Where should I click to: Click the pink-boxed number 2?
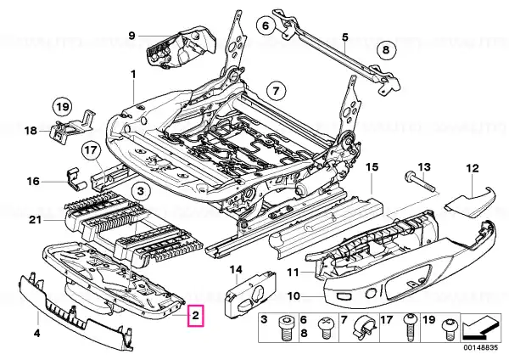point(196,317)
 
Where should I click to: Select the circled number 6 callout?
point(266,26)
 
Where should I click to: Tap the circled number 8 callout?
point(387,50)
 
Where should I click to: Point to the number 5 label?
point(345,37)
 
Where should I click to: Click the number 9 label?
point(132,35)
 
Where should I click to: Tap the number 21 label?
point(34,221)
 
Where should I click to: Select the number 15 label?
point(370,168)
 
